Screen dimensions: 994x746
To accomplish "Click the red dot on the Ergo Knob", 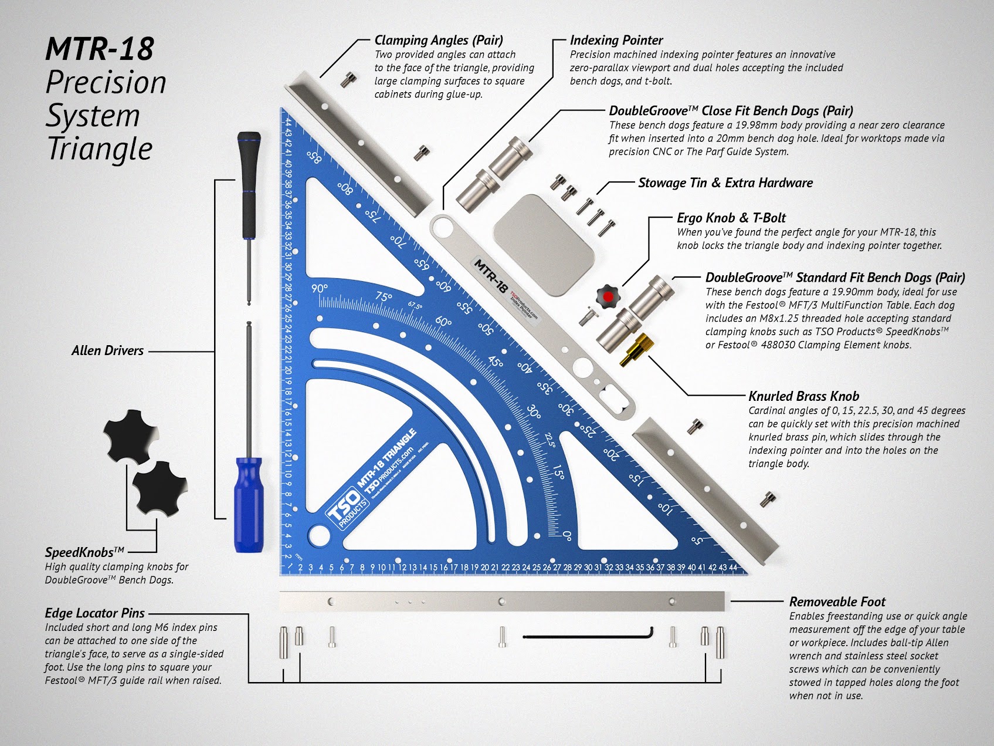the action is (x=608, y=297).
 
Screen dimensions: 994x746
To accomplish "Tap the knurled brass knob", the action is (x=634, y=349).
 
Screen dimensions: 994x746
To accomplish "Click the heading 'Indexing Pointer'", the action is (x=616, y=40).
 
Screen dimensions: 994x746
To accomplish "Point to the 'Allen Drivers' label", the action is (x=107, y=351).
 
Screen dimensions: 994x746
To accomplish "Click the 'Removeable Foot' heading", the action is (x=837, y=602).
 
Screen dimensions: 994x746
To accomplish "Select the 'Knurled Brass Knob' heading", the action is (x=803, y=396).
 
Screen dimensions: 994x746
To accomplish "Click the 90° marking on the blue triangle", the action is (x=320, y=289).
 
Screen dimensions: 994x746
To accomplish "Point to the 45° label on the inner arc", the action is (x=496, y=363).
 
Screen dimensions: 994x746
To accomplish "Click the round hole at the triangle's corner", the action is (x=318, y=534).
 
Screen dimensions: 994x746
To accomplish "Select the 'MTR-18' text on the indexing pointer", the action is (x=490, y=276).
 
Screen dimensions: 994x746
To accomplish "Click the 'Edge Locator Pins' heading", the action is (x=94, y=613).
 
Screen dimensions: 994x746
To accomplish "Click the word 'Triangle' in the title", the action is (x=99, y=148).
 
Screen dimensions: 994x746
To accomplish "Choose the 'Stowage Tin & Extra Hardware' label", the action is (x=725, y=183).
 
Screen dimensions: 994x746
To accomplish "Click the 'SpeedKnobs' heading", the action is (x=84, y=552).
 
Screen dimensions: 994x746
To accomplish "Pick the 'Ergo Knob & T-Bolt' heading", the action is (x=731, y=218).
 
